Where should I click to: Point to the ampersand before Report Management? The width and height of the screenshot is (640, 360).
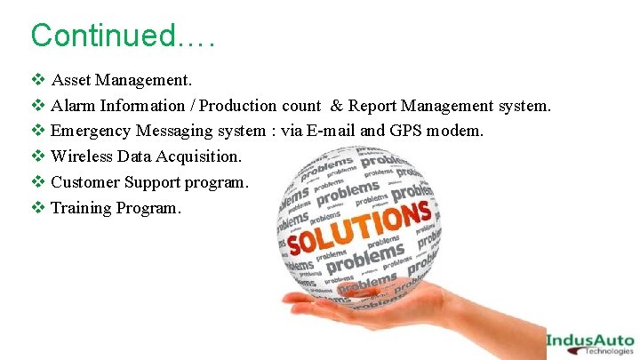[337, 106]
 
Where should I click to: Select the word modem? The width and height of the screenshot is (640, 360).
[455, 132]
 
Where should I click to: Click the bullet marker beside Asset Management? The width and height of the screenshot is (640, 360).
[37, 80]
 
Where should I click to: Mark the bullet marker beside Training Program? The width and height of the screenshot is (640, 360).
[37, 208]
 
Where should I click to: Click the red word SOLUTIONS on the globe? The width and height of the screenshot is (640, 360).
[359, 227]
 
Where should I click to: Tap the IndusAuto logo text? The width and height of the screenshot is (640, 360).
[589, 339]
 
